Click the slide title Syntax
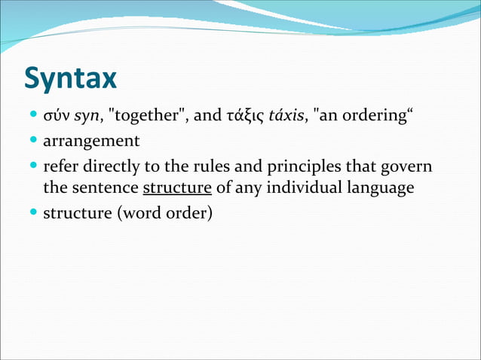[x=71, y=78]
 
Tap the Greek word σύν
[x=57, y=117]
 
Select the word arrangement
[x=91, y=142]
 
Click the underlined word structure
[x=177, y=188]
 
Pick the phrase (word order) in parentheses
[x=164, y=212]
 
